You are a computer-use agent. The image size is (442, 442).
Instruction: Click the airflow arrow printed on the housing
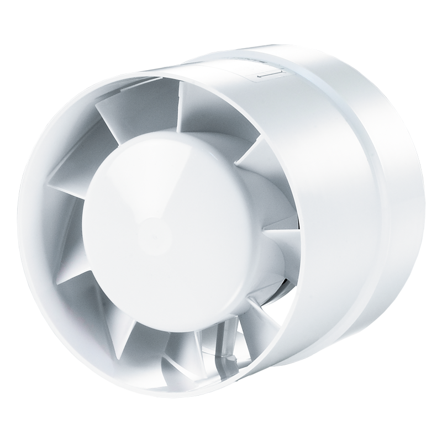point(271,73)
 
